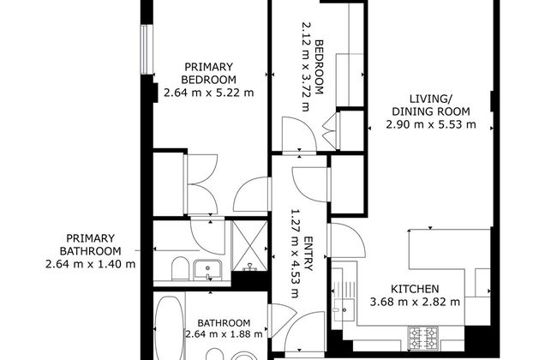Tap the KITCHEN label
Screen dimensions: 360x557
pos(416,289)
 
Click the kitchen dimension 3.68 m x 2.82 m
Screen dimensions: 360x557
pos(416,302)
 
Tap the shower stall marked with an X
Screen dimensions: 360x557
pos(249,243)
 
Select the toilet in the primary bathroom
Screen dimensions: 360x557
pos(177,271)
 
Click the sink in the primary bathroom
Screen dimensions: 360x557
pos(206,271)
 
